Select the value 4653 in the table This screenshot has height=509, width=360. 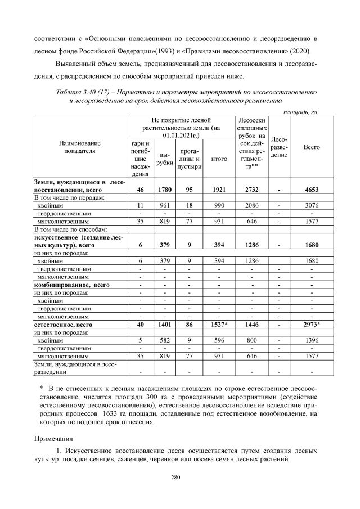(311, 190)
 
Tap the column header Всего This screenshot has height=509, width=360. (311, 147)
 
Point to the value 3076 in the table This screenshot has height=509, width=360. (311, 206)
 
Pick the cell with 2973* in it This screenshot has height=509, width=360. (311, 325)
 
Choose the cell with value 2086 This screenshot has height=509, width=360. (251, 206)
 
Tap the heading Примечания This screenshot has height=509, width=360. (53, 436)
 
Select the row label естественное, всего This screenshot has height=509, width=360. (62, 325)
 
